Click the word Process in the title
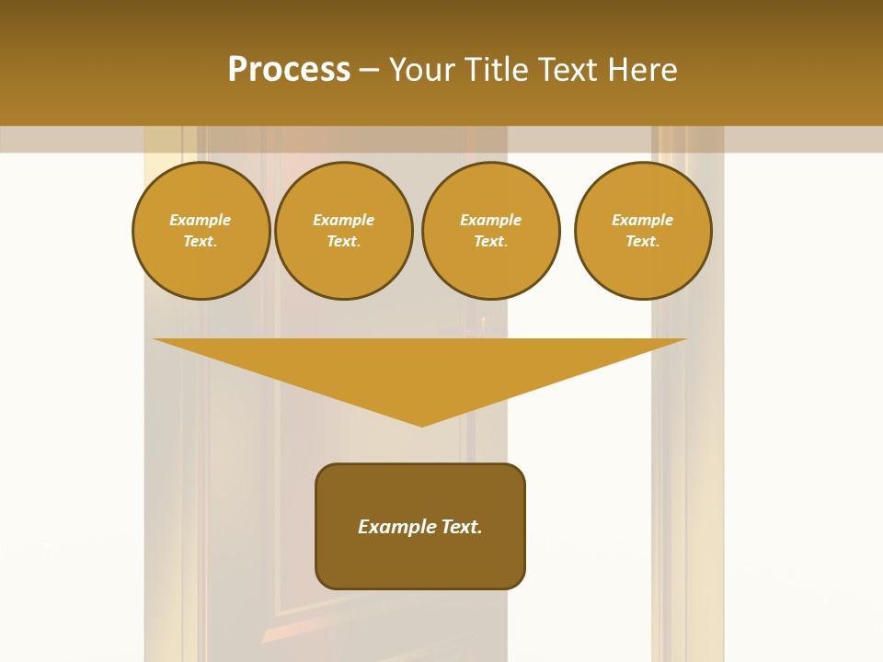tap(289, 70)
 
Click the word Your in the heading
tap(422, 70)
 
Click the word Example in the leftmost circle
tap(201, 221)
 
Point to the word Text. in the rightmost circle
tap(643, 242)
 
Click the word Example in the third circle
tap(490, 221)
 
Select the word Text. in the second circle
tap(343, 242)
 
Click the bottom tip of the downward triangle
tap(422, 424)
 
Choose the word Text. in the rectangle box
tap(462, 527)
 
